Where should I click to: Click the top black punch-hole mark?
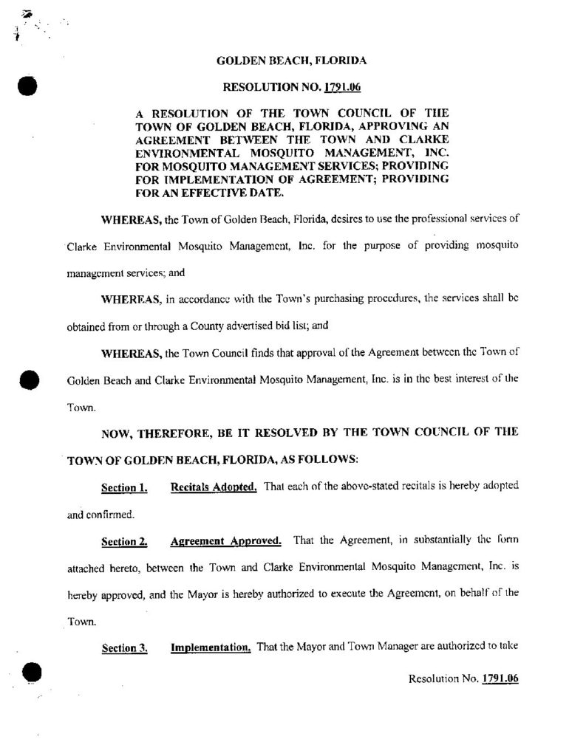[27, 86]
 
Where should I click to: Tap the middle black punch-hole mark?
[28, 382]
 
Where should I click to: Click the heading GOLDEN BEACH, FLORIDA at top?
[292, 61]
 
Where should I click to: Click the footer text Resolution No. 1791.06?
[463, 678]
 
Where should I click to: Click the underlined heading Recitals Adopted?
[214, 487]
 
